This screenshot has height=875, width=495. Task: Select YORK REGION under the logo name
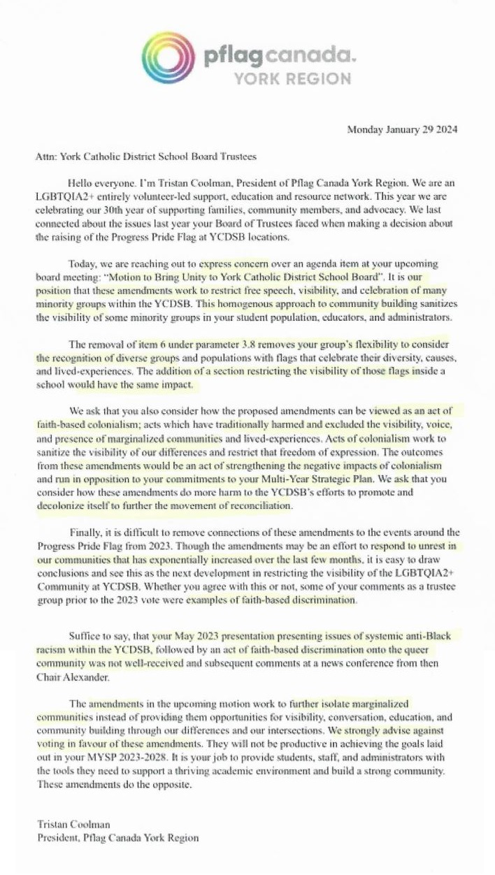[292, 78]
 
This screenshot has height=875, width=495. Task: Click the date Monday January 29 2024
[402, 130]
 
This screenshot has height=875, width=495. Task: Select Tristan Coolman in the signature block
[64, 825]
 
